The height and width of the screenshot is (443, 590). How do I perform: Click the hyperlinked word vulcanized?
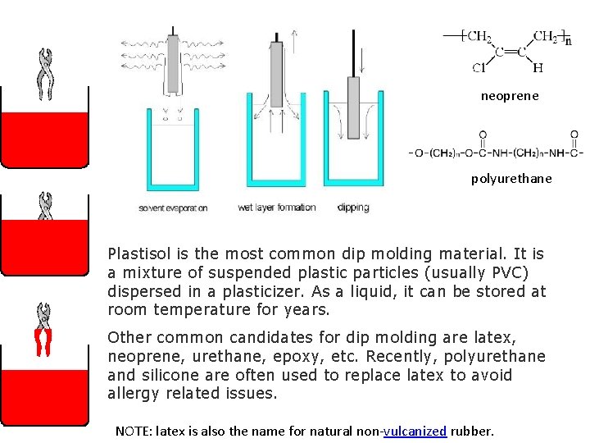(415, 431)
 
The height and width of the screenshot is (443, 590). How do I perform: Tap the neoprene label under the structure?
(510, 96)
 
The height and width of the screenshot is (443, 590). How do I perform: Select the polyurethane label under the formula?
(511, 178)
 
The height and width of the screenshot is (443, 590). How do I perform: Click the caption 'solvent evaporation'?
(173, 208)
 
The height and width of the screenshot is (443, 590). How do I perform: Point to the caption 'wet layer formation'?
(276, 208)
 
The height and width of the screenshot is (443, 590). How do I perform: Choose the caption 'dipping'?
(353, 208)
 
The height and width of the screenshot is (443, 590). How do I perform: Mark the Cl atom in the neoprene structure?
(477, 68)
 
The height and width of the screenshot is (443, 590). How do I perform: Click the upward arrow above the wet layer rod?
(295, 37)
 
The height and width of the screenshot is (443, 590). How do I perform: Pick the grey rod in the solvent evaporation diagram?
(173, 62)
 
